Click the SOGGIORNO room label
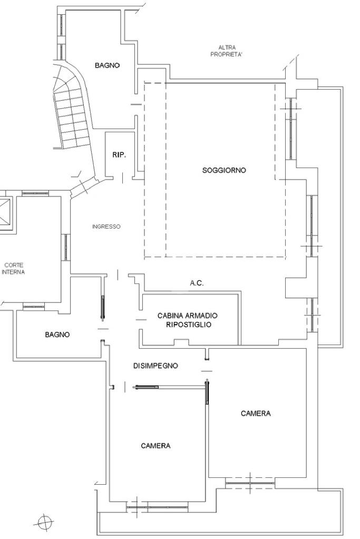coord(224,170)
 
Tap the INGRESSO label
coord(106,227)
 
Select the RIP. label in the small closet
coord(119,155)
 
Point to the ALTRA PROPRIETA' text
coord(227,51)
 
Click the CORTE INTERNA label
coord(13,269)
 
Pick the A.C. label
coord(197,283)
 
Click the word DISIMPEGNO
coord(155,366)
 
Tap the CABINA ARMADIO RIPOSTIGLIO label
coord(188,320)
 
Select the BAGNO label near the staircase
coord(108,65)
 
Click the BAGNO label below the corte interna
coord(57,335)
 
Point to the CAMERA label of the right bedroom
coord(256,413)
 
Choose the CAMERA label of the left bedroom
coord(155,446)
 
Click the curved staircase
coord(73,106)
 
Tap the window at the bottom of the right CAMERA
coord(250,483)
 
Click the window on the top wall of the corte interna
coord(35,193)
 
